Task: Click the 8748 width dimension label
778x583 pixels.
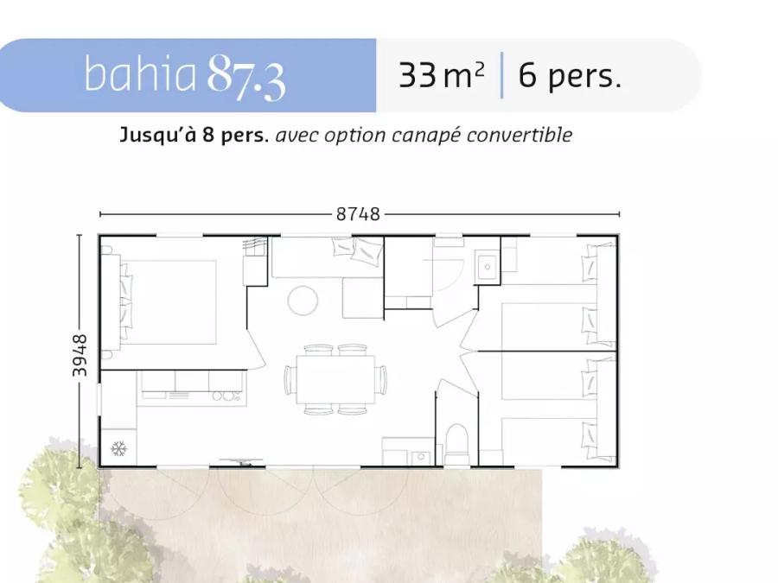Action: coord(358,214)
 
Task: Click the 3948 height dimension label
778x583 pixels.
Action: coord(80,355)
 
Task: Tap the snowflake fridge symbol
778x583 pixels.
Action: coord(118,449)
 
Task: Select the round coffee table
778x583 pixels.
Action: coord(303,301)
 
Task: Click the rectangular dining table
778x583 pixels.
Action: coord(336,380)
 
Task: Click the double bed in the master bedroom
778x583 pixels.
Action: coord(168,302)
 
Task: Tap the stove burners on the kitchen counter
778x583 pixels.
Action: coord(226,396)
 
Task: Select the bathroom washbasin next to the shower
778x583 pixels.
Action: coord(487,267)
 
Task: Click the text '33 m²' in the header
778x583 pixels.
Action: coord(441,75)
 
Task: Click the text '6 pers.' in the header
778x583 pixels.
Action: coord(570,76)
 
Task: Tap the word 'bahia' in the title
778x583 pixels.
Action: coord(140,73)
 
